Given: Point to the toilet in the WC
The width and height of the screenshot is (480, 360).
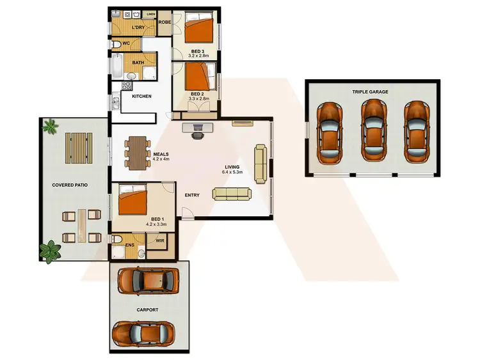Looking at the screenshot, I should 118,45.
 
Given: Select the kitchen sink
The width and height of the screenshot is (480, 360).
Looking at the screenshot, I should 116,102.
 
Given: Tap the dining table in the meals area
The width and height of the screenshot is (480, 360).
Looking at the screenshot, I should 138,152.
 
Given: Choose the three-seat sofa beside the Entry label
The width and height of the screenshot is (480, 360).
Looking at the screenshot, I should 232,193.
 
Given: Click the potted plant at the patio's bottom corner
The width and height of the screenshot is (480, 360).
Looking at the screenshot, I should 48,252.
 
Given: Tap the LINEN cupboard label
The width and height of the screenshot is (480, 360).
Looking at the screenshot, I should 151,14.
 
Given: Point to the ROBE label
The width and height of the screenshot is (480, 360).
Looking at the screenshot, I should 164,22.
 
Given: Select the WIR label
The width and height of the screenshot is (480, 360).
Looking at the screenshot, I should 159,241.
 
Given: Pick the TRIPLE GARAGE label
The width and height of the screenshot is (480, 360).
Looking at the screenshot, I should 370,91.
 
